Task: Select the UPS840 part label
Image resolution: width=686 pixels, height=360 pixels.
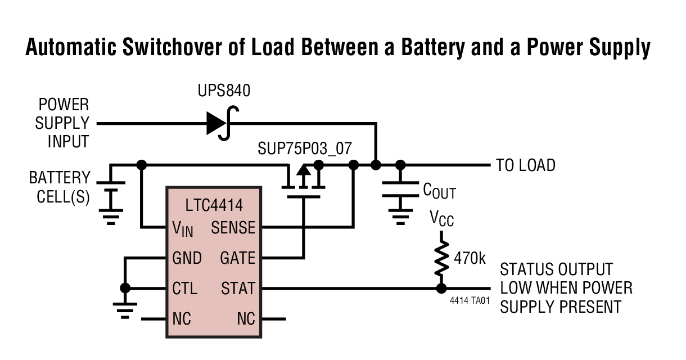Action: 224,91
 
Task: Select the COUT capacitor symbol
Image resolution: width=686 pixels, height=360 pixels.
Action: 400,189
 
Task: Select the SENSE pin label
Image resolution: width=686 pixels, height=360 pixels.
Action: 233,228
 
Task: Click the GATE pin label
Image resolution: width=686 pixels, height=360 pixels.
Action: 237,258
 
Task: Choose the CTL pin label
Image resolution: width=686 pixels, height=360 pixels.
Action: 185,289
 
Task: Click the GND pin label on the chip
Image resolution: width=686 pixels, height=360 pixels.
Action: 187,258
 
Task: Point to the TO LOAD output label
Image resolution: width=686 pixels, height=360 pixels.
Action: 525,165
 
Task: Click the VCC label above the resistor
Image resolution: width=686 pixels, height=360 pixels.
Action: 441,218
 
